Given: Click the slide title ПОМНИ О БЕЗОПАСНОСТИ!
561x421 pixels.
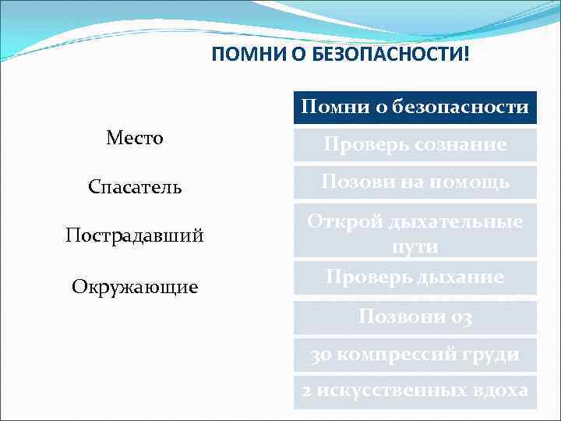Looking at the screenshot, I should (340, 56).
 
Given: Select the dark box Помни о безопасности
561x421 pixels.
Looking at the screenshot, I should (415, 107).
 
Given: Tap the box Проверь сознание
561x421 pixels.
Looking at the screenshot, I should (415, 145).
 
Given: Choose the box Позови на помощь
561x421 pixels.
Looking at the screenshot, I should (415, 182).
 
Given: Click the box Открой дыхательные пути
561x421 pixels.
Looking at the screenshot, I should (415, 233).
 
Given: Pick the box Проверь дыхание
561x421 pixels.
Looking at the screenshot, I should (415, 277).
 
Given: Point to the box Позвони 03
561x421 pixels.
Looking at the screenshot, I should (415, 317).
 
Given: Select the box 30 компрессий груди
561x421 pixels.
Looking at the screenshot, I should (415, 354).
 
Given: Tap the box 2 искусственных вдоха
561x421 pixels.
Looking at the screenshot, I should (415, 391).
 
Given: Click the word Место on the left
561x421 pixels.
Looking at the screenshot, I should (135, 138).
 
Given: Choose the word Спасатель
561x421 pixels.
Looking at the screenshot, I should (135, 187).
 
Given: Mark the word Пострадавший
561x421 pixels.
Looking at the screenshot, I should (135, 235).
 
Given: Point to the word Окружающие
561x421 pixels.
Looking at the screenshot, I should (135, 287).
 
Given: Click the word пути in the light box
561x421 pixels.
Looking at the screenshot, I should (415, 247).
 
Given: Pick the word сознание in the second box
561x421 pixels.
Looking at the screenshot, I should (466, 146).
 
